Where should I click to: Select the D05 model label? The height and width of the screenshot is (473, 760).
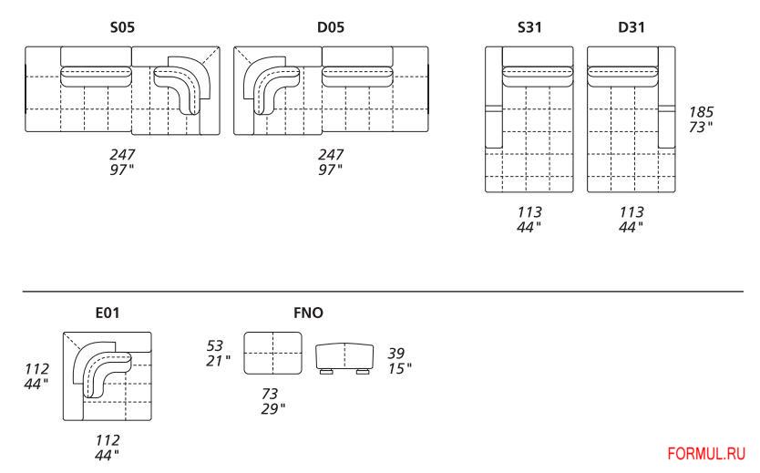330,28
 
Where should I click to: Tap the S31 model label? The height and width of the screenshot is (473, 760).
529,28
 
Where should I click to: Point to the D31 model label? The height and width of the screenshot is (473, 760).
631,28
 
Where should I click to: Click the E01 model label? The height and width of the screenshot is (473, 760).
107,313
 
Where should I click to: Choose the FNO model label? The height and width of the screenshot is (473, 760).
307,313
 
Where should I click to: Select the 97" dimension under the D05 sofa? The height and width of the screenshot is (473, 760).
331,170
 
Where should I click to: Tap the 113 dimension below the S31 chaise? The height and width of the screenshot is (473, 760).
529,212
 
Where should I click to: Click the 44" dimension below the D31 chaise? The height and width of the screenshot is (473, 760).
631,226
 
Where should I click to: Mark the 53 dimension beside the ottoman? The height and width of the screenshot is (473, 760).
217,345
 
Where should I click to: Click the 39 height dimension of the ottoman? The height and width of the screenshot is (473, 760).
396,353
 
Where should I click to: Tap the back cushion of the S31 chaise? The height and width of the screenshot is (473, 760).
536,76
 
